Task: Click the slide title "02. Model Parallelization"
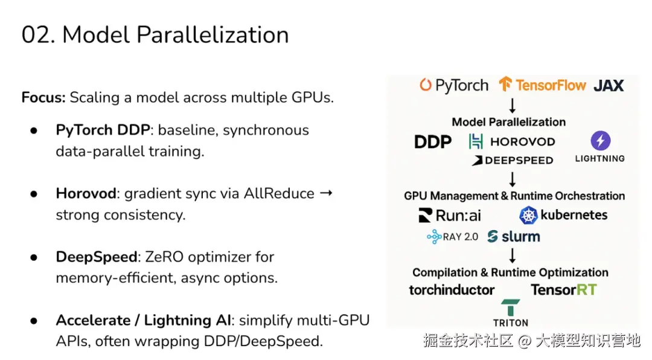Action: (155, 34)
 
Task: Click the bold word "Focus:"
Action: (43, 97)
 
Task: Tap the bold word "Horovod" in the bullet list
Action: (85, 193)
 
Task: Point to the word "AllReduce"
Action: (279, 193)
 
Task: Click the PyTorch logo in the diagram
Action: (454, 85)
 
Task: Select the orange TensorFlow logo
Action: (542, 85)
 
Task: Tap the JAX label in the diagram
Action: (608, 86)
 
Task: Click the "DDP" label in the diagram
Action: (433, 142)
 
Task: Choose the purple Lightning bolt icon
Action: (600, 141)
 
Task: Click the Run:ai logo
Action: (450, 215)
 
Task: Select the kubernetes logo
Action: (563, 215)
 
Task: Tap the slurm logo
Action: (514, 236)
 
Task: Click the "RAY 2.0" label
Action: (452, 237)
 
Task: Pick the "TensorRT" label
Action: (563, 290)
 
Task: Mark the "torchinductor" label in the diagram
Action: (452, 290)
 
